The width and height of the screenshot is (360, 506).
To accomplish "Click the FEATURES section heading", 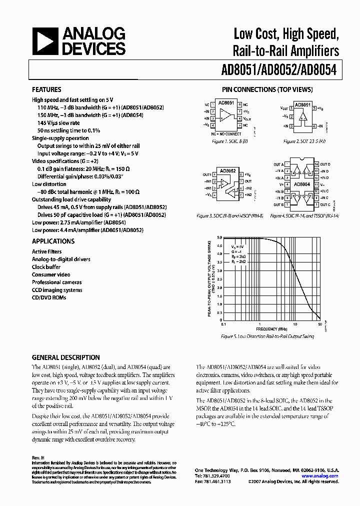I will pos(47,90).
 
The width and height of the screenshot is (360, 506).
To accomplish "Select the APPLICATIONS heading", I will pos(53,241).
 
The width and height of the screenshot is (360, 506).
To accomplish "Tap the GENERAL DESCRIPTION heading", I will pos(65,357).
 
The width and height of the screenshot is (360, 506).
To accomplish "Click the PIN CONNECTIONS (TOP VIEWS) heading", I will pos(267,90).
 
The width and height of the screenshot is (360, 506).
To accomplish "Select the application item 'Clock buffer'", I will pos(46,267).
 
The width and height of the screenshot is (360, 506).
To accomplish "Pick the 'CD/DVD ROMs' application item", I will pos(49,297).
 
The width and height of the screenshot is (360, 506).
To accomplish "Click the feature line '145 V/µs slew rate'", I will pos(58,122).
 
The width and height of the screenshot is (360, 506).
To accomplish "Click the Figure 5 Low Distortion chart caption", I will pos(267,336).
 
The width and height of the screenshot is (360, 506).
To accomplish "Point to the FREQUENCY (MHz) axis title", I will pos(271,329).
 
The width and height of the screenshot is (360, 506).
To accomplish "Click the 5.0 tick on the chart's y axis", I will pos(219,238).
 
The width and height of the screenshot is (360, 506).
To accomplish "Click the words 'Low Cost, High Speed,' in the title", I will pos(286,35).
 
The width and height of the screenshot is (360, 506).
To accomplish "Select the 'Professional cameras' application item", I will pos(56,282).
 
